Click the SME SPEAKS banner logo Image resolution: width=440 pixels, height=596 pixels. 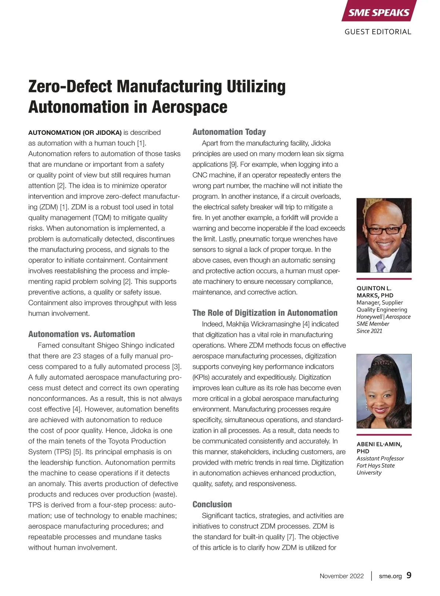point(378,12)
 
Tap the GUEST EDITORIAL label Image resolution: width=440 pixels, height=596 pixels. point(378,32)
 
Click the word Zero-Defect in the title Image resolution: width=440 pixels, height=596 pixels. point(70,87)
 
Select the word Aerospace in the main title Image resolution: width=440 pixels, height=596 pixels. point(190,107)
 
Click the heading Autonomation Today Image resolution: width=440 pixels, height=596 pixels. point(229,132)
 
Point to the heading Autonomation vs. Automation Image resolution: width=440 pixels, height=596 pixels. point(81,334)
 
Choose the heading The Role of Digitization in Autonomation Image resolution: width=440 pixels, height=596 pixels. point(265,313)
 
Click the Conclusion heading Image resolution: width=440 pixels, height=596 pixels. point(212,504)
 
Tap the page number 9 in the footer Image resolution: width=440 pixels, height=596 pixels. point(409,575)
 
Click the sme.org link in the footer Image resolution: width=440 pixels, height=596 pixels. point(390,576)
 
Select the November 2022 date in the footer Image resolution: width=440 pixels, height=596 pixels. point(341,576)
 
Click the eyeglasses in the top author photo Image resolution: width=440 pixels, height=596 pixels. point(384,230)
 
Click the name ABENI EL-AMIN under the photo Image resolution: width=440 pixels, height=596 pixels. point(379,444)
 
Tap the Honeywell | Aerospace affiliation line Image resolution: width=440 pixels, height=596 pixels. point(383,317)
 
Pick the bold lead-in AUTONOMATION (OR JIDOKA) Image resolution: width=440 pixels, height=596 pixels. point(75,133)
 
